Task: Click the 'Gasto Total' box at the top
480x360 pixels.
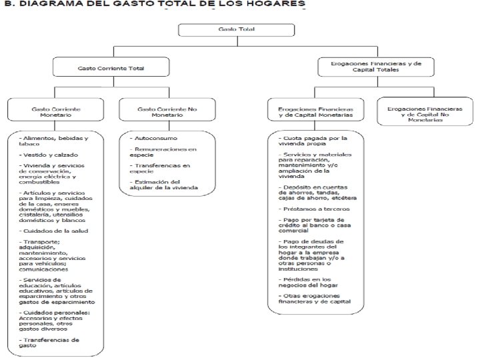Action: point(227,31)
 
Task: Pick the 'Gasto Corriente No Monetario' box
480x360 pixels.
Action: point(159,111)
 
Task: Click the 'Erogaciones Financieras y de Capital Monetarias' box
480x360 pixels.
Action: point(315,111)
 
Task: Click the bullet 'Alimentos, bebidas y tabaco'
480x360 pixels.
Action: point(54,141)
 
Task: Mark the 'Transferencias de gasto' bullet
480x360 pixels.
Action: point(51,342)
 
